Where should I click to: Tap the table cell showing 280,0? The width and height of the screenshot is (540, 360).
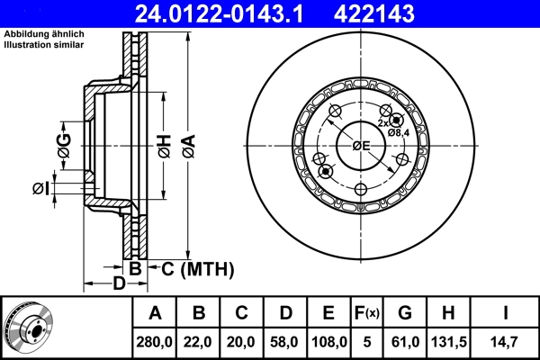click(155, 342)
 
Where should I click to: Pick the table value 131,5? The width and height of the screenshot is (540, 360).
click(447, 342)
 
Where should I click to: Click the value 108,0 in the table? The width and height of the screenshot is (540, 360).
click(329, 342)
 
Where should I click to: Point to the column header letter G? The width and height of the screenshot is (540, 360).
click(405, 313)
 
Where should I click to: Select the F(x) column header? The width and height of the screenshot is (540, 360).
click(367, 313)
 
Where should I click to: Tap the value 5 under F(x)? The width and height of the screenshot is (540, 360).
click(367, 342)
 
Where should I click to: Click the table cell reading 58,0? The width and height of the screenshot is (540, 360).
click(284, 342)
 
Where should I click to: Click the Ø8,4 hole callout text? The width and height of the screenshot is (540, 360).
click(400, 132)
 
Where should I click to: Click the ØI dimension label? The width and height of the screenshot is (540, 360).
click(39, 188)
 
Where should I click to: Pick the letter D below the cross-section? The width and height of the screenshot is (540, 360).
click(119, 284)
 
